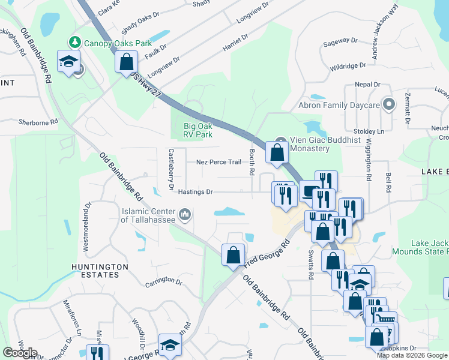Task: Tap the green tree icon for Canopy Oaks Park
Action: [75, 42]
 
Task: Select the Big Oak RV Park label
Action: [198, 130]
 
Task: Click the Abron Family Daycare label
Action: [339, 106]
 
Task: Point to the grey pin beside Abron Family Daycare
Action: [389, 105]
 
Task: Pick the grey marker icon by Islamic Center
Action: [185, 214]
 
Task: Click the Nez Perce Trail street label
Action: [218, 162]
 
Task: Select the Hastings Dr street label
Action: [195, 192]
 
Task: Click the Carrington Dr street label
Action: [163, 281]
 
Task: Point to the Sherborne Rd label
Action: [38, 121]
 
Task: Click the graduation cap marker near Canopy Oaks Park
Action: [68, 61]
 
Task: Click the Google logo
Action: [20, 353]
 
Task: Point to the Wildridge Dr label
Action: [348, 66]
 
